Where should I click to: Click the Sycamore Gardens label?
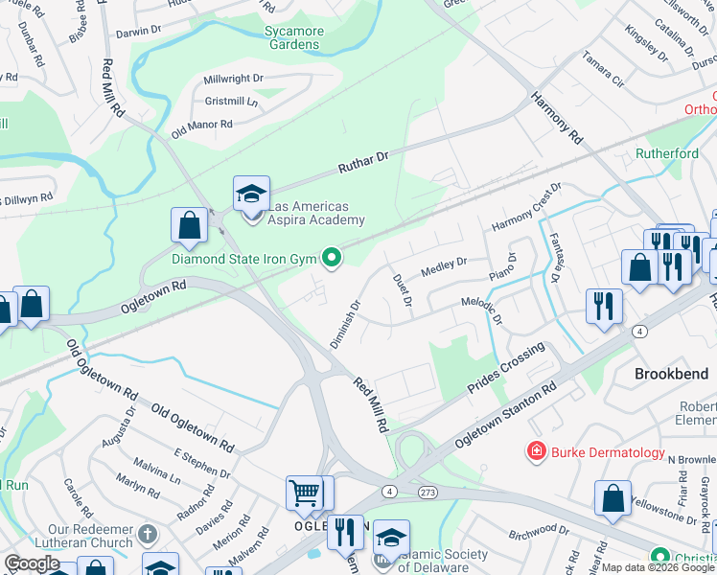point(293,37)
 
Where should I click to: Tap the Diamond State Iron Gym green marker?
point(332,258)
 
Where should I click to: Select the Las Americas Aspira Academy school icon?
point(251,194)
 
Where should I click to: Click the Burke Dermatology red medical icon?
point(536,450)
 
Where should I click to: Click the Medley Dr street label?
point(444,264)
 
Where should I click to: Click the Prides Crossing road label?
point(506,367)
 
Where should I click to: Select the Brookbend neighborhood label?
point(672,374)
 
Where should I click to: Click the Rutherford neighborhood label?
point(667,153)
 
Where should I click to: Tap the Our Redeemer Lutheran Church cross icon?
point(146,533)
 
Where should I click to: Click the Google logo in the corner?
point(32,563)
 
